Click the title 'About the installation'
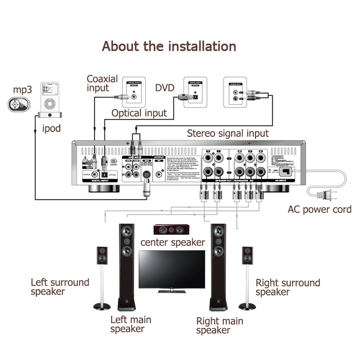[x=169, y=46]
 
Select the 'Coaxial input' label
[x=102, y=83]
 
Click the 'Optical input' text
[x=139, y=113]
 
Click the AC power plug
[x=322, y=194]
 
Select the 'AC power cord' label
[x=319, y=209]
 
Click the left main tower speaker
[x=126, y=265]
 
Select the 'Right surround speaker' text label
[x=288, y=287]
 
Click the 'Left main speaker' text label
[x=130, y=324]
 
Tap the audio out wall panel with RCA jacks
[x=236, y=92]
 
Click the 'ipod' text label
[x=51, y=129]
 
